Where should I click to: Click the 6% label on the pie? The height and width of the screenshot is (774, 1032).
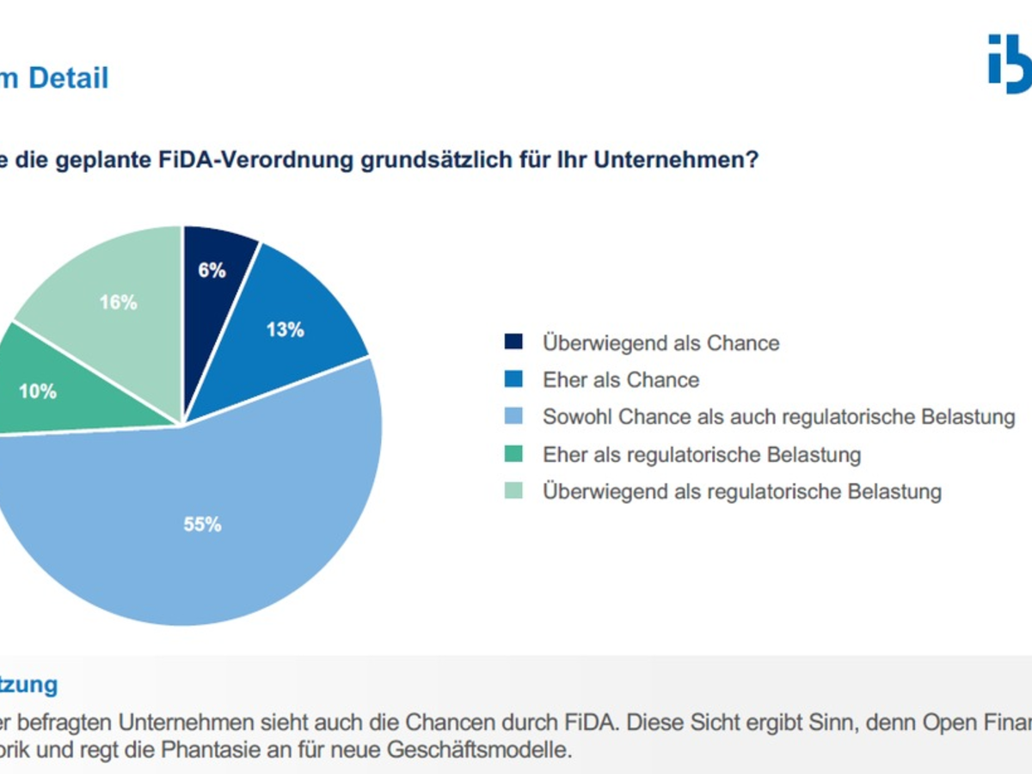point(212,270)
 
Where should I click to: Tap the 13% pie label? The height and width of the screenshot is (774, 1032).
point(286,329)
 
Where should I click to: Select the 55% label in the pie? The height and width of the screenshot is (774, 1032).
point(202,524)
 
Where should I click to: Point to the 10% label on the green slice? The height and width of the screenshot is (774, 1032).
point(37,391)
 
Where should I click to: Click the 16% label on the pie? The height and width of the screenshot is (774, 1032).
point(118,303)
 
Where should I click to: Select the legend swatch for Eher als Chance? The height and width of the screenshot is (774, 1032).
point(513,380)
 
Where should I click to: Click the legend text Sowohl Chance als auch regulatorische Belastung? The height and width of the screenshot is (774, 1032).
point(778,417)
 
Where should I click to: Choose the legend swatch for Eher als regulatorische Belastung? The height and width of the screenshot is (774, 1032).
point(513,454)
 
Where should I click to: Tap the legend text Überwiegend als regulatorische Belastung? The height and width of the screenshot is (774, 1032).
point(741,491)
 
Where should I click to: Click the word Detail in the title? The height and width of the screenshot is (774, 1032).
point(69,78)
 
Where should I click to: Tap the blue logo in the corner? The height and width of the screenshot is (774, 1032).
point(1010,64)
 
